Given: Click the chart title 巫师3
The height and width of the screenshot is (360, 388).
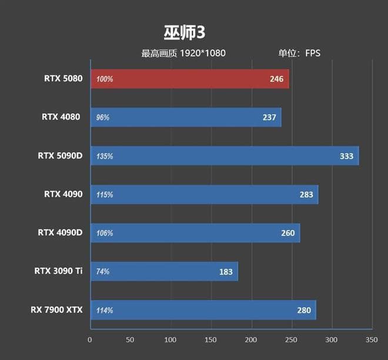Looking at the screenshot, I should (184, 31).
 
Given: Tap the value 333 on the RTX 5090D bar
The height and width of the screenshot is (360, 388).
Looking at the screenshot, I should (346, 156).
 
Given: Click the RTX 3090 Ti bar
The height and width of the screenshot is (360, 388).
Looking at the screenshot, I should (164, 272).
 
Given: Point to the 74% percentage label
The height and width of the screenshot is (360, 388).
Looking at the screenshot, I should (103, 272).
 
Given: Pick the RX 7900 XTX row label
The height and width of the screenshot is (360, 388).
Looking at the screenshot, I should (56, 310).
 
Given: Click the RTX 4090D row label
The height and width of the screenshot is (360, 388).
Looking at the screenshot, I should (60, 233).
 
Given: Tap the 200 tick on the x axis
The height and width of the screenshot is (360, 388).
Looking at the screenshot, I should (251, 339).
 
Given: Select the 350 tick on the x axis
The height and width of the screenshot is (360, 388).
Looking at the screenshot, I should (372, 339).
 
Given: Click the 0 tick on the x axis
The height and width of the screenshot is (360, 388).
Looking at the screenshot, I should (90, 339).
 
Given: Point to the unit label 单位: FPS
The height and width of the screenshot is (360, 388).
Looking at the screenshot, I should (299, 54).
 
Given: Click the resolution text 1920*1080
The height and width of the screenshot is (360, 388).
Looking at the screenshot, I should (203, 54).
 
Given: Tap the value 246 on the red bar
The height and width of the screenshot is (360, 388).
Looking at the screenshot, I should (277, 79).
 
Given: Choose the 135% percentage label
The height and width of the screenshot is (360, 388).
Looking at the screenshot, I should (105, 156).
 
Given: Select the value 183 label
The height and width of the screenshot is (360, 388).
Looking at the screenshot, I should (226, 272).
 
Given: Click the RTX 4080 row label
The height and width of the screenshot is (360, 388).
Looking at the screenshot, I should (61, 117).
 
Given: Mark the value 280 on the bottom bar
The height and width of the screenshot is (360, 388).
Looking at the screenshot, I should (304, 310).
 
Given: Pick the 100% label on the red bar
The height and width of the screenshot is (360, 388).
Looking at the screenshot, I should (105, 79).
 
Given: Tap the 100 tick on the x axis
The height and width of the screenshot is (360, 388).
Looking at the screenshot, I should (170, 339).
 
